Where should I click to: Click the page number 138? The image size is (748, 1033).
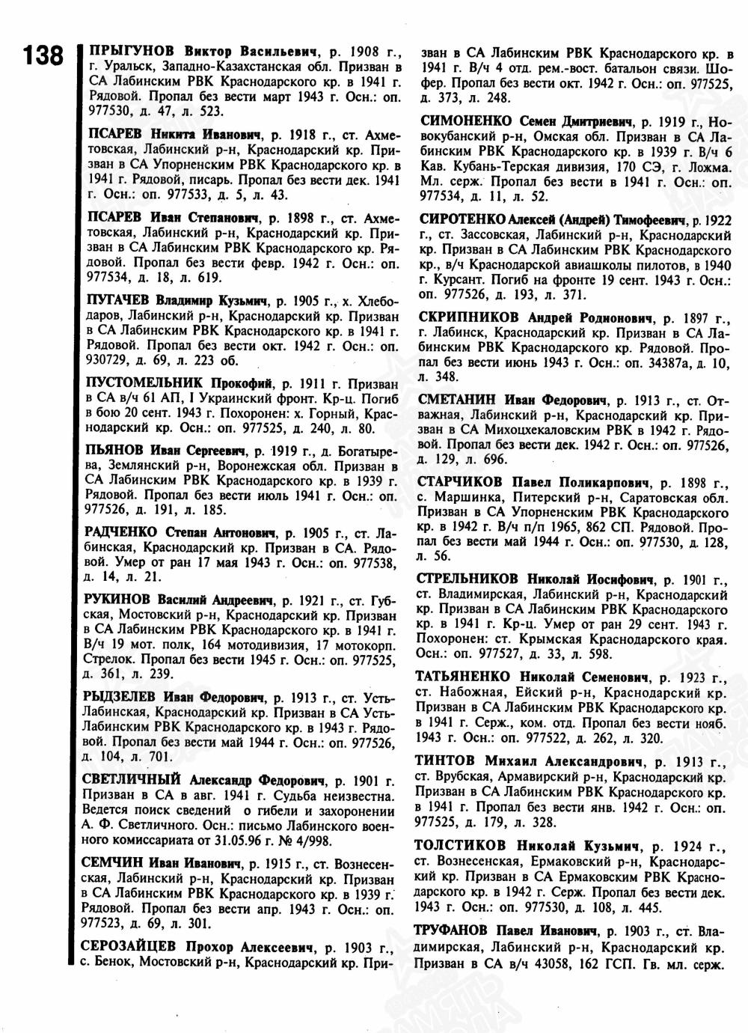(41, 55)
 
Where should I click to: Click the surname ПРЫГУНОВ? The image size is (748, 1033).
(132, 52)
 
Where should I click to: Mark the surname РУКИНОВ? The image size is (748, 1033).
(120, 600)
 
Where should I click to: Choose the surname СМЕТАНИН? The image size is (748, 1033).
(457, 399)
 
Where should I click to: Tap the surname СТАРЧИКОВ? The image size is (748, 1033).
(462, 481)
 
